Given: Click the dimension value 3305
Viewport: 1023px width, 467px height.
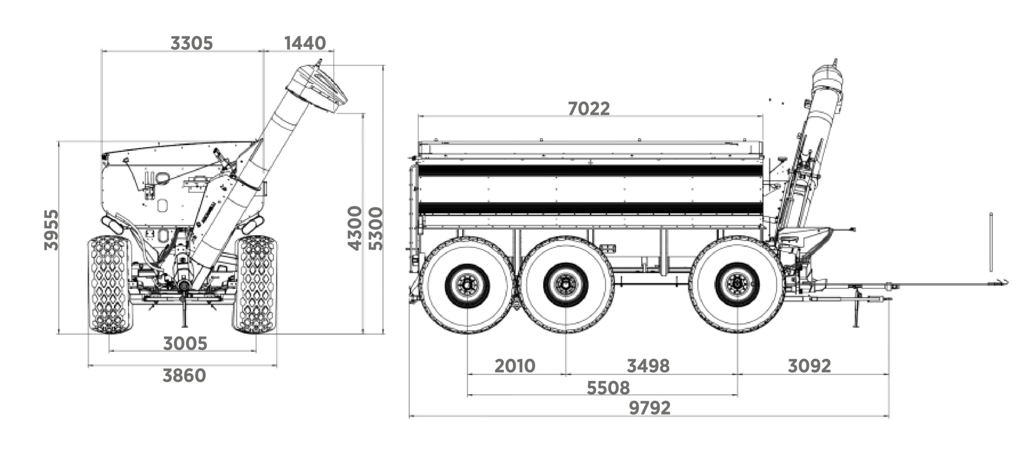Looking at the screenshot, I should click(x=191, y=43).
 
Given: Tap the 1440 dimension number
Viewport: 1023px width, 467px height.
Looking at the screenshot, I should click(x=305, y=43).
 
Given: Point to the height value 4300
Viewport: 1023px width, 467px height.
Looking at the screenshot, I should click(x=355, y=228).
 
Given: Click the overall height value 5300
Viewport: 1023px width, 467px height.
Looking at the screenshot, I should click(x=376, y=228).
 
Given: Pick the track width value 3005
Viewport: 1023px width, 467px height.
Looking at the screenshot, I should click(x=185, y=343).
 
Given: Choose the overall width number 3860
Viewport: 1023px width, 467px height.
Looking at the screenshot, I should click(x=184, y=375).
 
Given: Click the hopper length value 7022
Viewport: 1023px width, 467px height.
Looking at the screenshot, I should click(x=589, y=109).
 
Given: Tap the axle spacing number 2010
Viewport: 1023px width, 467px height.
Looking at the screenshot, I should click(x=515, y=366).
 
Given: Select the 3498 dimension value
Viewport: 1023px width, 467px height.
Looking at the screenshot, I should click(x=648, y=366).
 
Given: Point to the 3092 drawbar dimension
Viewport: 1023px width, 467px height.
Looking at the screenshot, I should click(x=809, y=366).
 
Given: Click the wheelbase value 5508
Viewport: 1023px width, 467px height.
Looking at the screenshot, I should click(x=608, y=387).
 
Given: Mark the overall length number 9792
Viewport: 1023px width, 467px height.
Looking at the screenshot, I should click(x=650, y=408).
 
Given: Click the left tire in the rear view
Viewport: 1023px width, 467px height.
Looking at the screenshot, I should click(x=110, y=284).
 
